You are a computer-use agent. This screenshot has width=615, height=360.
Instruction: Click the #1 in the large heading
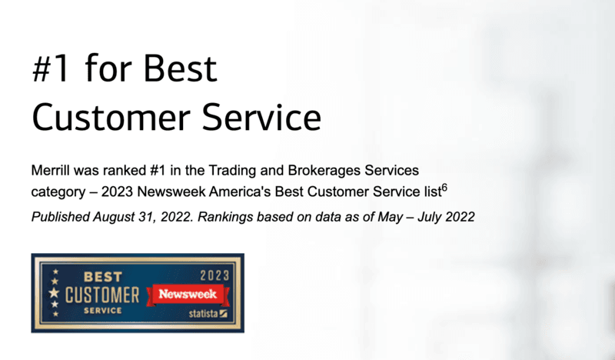coord(51,68)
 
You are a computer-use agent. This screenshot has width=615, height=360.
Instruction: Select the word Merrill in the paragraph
coord(51,170)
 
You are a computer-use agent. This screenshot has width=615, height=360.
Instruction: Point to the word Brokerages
coord(324,171)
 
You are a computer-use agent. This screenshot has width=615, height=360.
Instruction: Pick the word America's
coord(240,192)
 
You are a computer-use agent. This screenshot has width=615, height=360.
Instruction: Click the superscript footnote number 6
coord(444,188)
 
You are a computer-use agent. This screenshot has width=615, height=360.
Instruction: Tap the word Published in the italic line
coord(61,217)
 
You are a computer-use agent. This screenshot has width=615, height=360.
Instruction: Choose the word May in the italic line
coord(390,217)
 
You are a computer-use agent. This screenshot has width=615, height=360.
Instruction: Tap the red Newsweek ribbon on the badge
coord(188,295)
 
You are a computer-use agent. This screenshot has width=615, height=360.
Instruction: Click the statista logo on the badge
coord(208,313)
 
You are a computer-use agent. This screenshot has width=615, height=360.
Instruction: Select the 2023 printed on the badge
coord(214,275)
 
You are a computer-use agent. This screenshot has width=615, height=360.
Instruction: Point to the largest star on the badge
coord(54,292)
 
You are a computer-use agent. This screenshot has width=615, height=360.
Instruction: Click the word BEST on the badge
coord(103,277)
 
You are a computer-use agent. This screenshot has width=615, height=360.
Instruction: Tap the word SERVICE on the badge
coord(103,311)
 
